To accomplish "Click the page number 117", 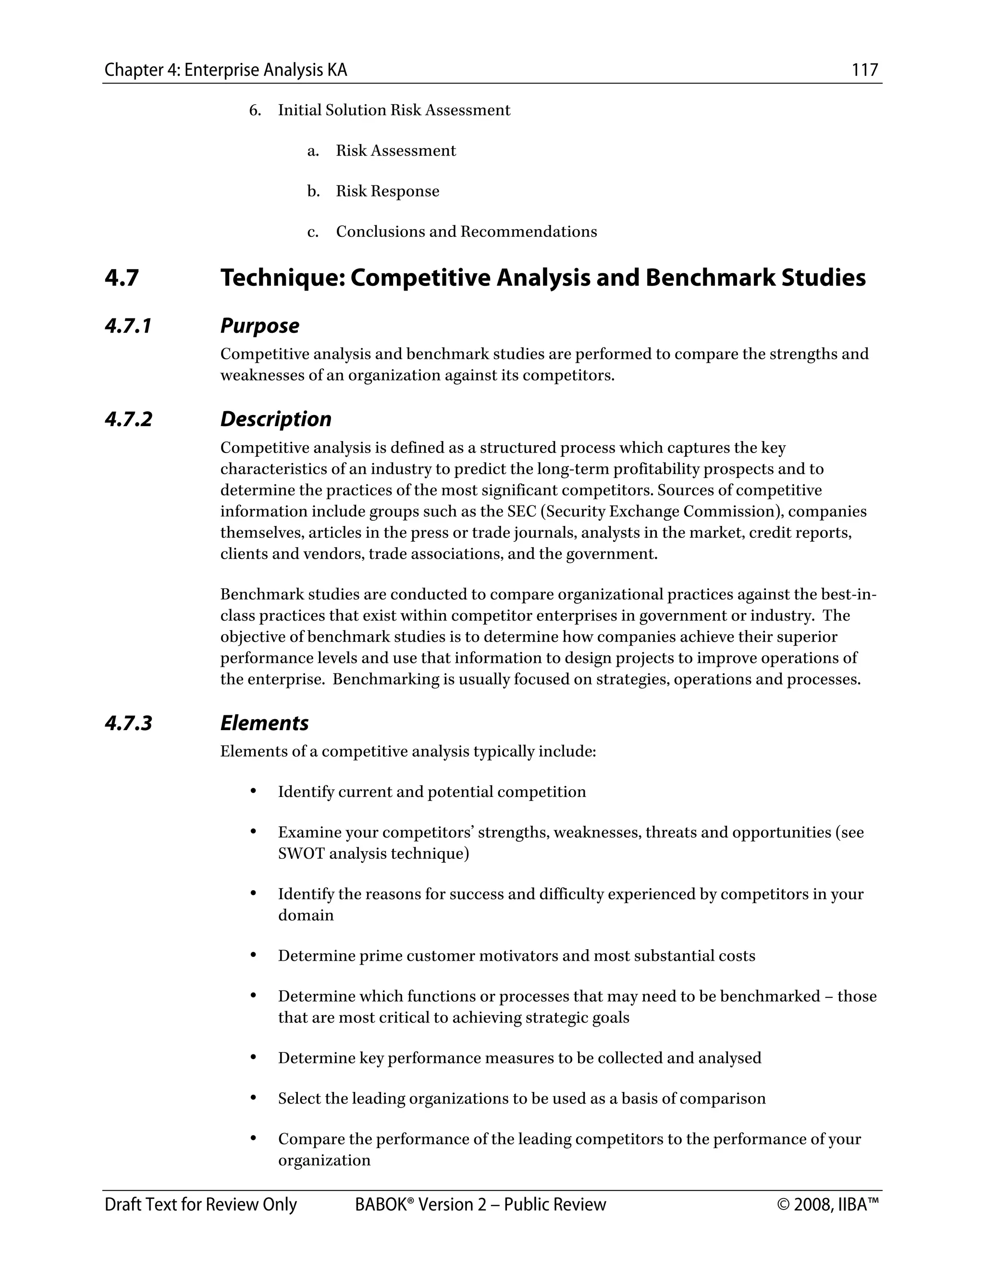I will (864, 70).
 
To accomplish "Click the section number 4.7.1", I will (128, 326).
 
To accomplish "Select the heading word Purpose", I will (259, 326).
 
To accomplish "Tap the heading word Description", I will (276, 419).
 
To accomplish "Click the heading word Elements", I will (264, 723).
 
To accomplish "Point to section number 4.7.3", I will (128, 723).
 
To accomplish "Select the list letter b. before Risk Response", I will (314, 191).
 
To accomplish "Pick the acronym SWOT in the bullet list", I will (301, 854).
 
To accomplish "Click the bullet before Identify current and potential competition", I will (253, 792).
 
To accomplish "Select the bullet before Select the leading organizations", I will (253, 1098).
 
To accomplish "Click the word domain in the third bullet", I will (306, 916).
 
